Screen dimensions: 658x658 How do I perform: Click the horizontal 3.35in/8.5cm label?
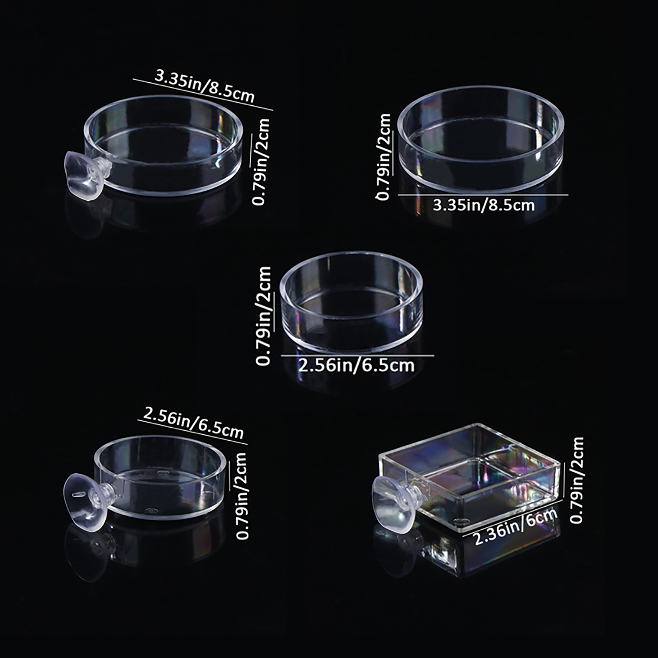(484, 204)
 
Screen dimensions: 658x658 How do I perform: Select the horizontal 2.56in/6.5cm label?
(356, 365)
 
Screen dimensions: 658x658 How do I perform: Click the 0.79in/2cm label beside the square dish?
(577, 480)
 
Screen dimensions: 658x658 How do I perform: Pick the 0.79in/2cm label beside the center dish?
(264, 315)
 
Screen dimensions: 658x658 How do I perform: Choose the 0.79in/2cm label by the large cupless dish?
(383, 157)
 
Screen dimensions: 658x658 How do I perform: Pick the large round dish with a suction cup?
(162, 146)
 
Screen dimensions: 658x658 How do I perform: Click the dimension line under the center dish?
(358, 356)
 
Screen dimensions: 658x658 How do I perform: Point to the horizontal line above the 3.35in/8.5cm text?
(483, 195)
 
